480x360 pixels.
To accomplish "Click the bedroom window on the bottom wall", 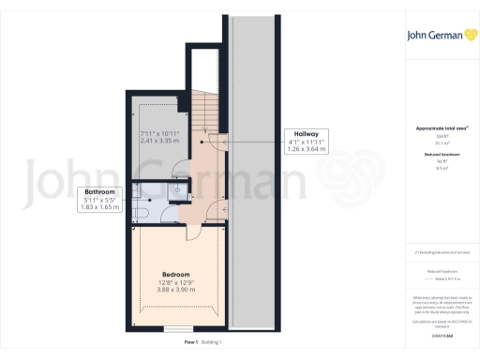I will point(178,329).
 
